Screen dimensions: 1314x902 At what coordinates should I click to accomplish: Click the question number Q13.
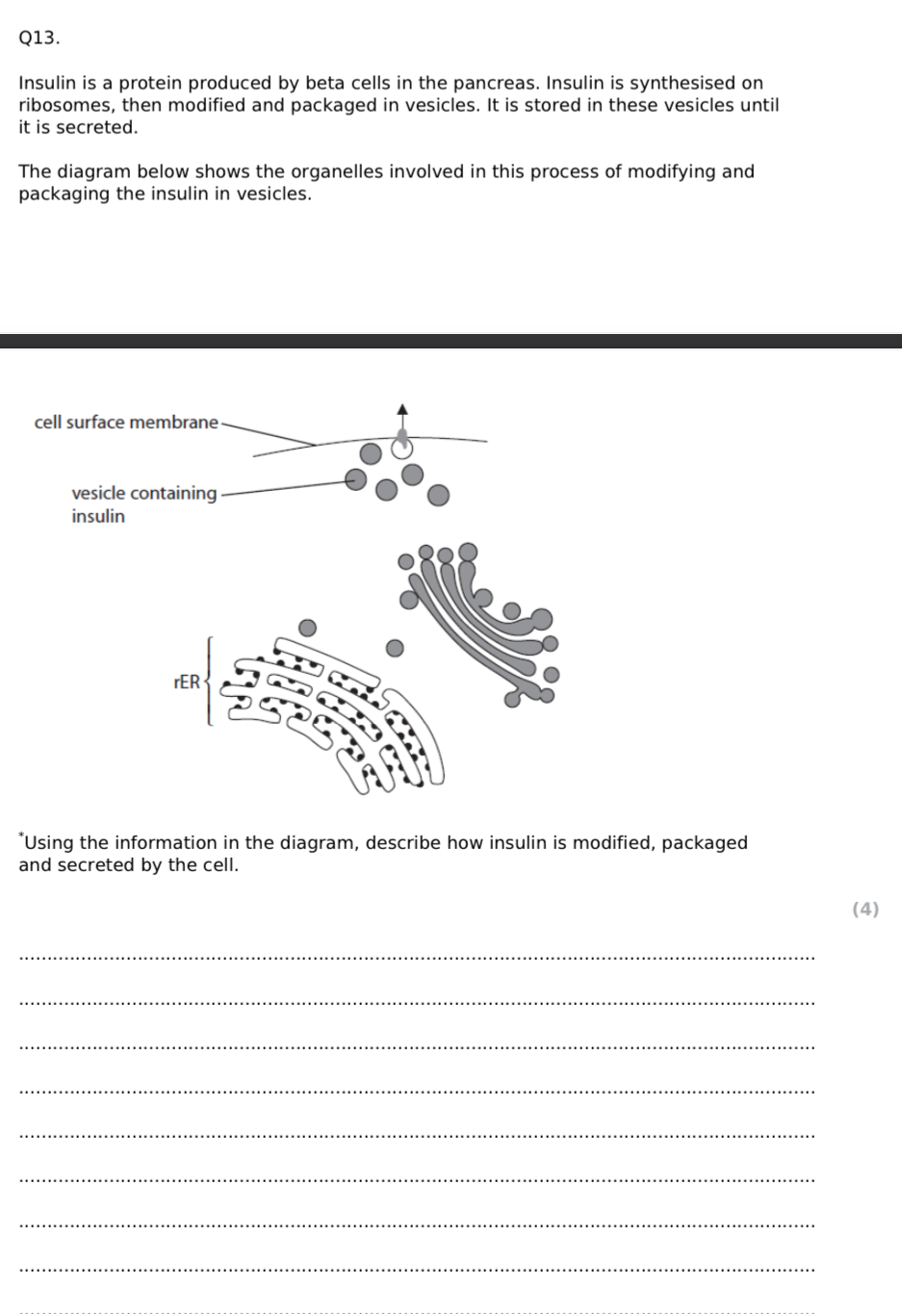click(39, 39)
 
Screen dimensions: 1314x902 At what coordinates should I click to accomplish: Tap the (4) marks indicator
click(865, 909)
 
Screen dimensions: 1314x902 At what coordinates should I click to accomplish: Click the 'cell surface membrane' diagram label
click(126, 423)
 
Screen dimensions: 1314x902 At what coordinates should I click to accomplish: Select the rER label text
click(187, 683)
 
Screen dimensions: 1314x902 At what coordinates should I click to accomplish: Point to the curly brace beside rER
click(208, 681)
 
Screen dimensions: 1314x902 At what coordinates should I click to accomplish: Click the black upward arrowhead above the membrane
click(402, 409)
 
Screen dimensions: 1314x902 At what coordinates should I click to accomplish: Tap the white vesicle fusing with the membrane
click(401, 448)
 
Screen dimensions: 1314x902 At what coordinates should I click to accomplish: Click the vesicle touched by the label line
click(356, 479)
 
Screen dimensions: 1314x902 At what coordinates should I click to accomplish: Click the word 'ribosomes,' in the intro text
click(67, 105)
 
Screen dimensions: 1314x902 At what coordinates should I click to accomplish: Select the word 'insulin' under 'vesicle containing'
click(98, 516)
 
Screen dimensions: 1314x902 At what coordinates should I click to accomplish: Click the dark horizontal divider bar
click(451, 341)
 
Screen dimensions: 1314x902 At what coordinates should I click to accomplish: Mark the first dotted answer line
click(416, 958)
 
